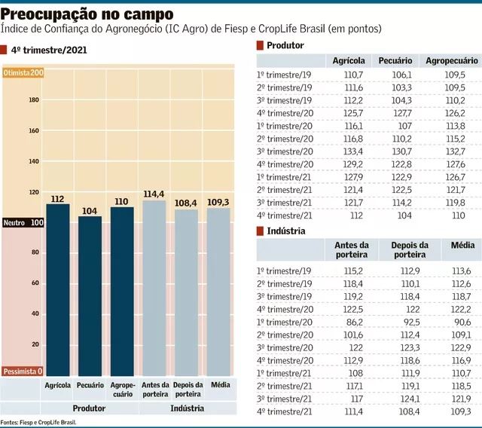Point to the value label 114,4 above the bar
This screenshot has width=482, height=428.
[154, 194]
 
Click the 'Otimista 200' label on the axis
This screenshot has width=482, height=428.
[23, 72]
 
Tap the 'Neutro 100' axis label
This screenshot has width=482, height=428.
[23, 223]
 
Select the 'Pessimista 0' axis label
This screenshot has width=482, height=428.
[23, 371]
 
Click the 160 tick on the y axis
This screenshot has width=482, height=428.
[34, 130]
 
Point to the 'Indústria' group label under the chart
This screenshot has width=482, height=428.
[186, 408]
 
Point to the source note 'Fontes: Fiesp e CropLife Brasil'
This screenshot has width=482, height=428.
[39, 423]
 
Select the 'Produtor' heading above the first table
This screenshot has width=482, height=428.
[285, 45]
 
